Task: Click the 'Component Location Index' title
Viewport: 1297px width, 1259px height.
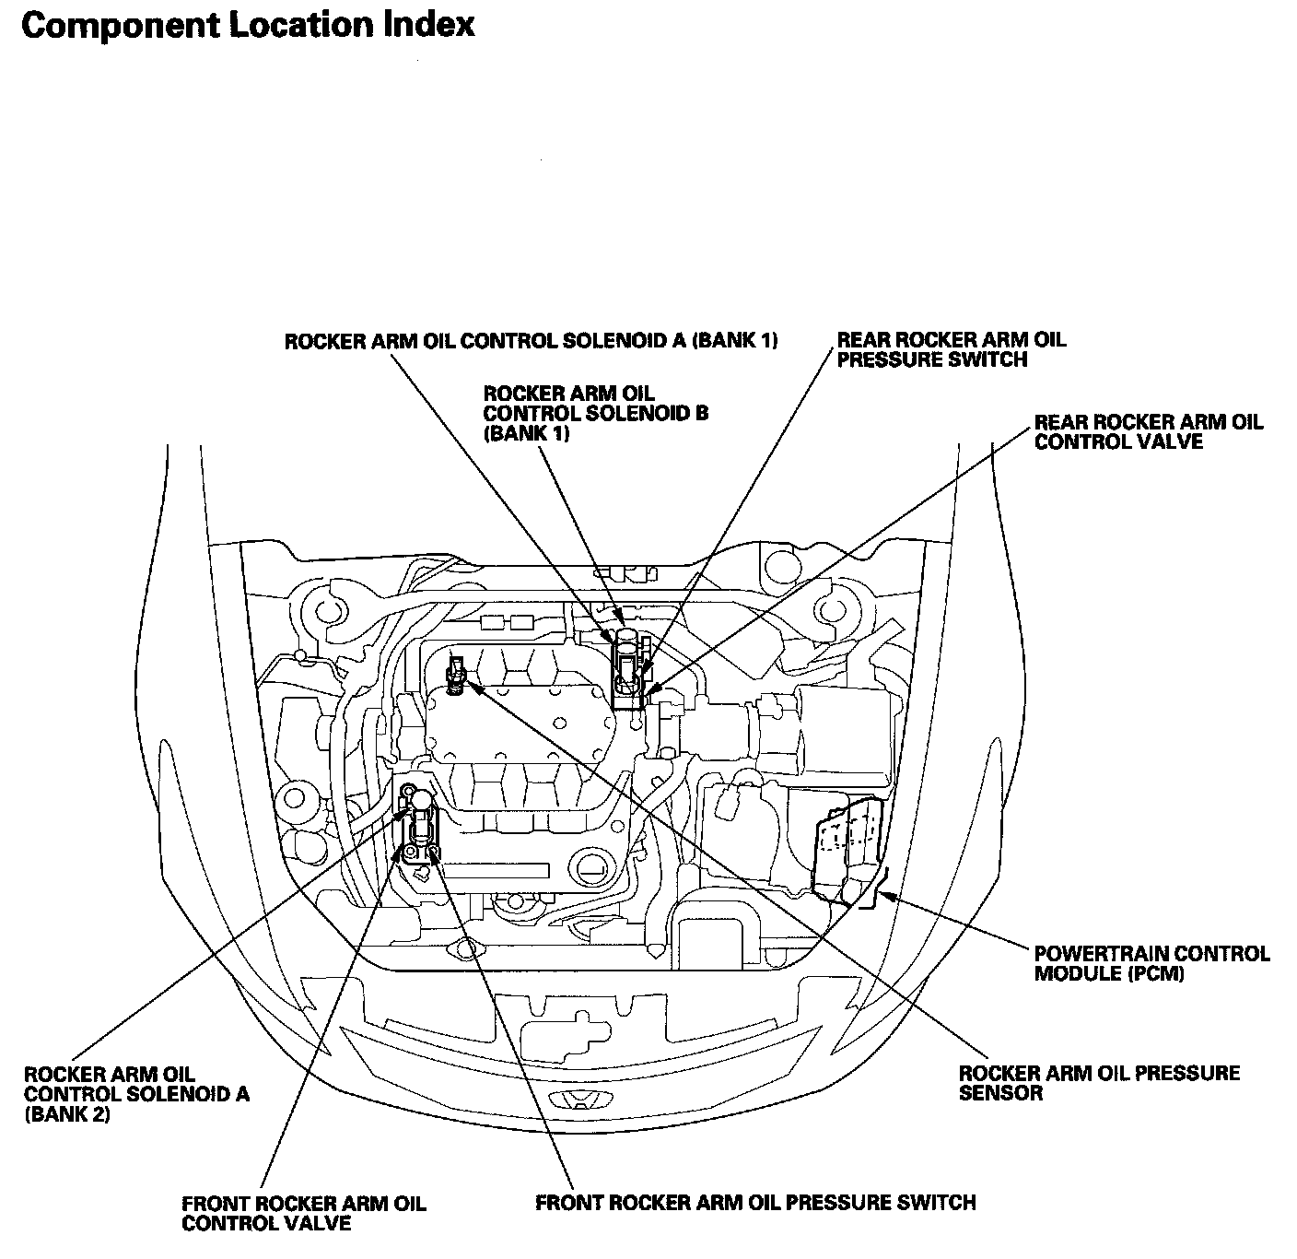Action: [248, 25]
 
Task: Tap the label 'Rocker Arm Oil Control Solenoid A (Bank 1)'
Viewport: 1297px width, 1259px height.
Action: [532, 341]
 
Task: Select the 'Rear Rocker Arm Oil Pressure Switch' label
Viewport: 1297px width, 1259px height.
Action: [951, 349]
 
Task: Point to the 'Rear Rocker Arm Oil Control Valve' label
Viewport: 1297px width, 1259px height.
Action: [1149, 431]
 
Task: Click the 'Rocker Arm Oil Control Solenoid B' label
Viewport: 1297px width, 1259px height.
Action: [595, 414]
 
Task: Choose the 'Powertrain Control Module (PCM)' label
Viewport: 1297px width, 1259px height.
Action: [1151, 963]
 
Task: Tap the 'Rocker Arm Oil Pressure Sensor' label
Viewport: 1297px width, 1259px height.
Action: [1099, 1083]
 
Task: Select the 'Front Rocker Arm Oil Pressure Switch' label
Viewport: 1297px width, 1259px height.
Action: [755, 1203]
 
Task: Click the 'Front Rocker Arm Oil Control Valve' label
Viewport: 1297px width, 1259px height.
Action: [304, 1213]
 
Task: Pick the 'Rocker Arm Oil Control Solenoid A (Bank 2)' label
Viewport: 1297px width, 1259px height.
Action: [136, 1095]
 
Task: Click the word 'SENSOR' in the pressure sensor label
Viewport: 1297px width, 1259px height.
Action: [1000, 1093]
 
